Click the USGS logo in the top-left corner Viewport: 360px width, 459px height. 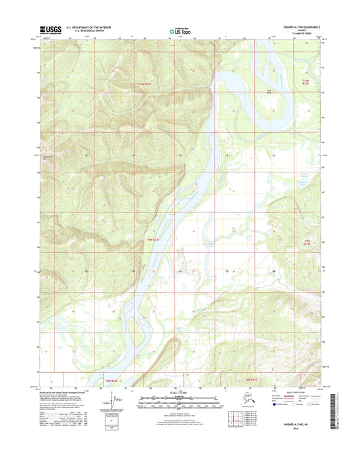click(x=50, y=29)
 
